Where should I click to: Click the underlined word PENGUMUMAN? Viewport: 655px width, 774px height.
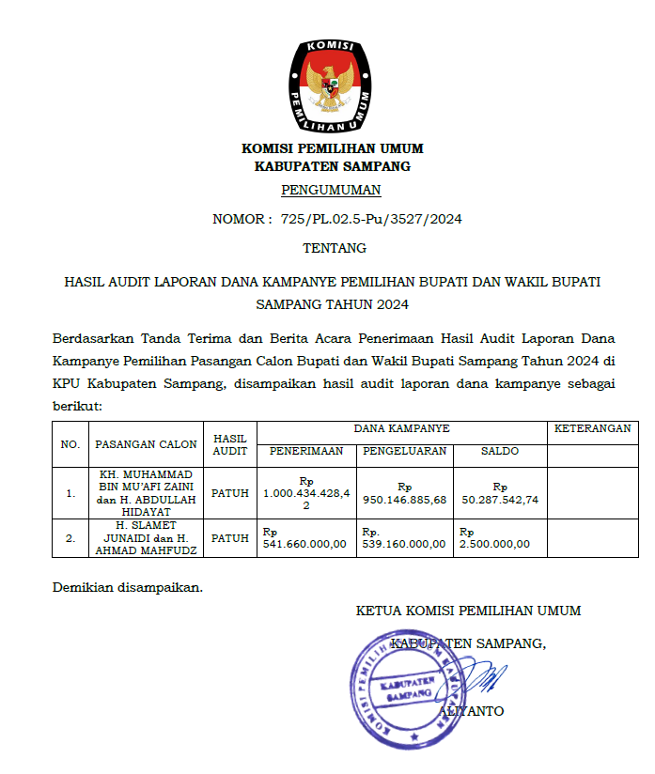pyautogui.click(x=331, y=190)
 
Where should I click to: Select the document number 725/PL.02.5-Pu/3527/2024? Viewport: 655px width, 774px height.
pyautogui.click(x=371, y=220)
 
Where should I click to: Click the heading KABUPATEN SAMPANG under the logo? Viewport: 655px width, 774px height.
pyautogui.click(x=333, y=166)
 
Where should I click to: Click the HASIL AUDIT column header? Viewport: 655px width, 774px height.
pyautogui.click(x=230, y=444)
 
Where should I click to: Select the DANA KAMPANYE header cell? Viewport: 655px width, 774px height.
pyautogui.click(x=401, y=428)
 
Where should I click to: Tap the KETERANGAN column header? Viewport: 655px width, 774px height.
pyautogui.click(x=592, y=428)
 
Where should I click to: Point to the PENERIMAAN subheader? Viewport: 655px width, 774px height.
pyautogui.click(x=306, y=452)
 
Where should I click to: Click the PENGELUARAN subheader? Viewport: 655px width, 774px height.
pyautogui.click(x=404, y=452)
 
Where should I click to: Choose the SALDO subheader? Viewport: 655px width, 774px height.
pyautogui.click(x=500, y=452)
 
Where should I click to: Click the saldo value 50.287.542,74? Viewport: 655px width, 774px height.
pyautogui.click(x=500, y=500)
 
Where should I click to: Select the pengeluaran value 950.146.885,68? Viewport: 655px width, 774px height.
pyautogui.click(x=404, y=500)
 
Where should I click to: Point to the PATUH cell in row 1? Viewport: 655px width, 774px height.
pyautogui.click(x=230, y=491)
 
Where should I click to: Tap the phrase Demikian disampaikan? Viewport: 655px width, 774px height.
pyautogui.click(x=127, y=588)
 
